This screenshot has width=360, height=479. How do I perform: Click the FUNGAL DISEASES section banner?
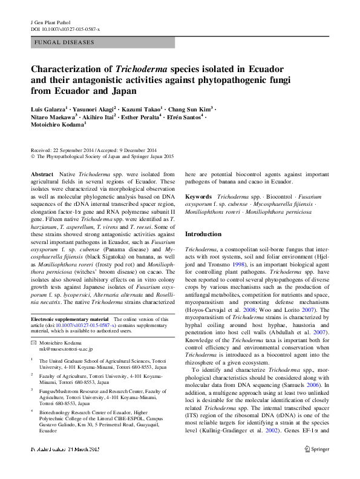click(x=64, y=42)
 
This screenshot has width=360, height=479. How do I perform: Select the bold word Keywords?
click(x=198, y=197)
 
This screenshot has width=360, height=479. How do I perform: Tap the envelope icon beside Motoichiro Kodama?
click(x=34, y=343)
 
